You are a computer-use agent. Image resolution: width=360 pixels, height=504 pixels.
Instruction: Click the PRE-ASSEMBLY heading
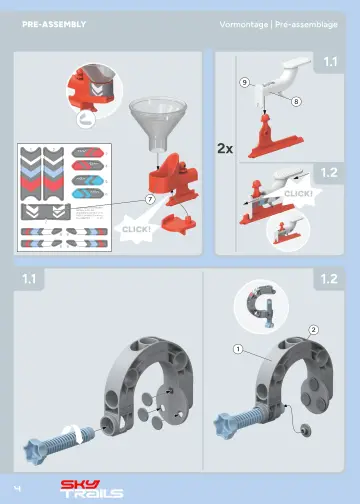point(54,22)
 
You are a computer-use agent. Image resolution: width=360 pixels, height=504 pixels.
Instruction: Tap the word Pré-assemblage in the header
point(311,22)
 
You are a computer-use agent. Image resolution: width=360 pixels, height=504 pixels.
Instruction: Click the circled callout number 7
point(149,200)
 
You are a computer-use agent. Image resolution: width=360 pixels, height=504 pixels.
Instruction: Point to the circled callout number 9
point(245,82)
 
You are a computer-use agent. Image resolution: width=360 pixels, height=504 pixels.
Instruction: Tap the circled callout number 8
point(297,101)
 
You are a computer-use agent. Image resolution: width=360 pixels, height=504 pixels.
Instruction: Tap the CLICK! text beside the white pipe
point(298,191)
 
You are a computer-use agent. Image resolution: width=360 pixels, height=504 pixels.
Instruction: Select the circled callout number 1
point(237,349)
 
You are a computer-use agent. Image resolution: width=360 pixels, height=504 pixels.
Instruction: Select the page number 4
point(18,486)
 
